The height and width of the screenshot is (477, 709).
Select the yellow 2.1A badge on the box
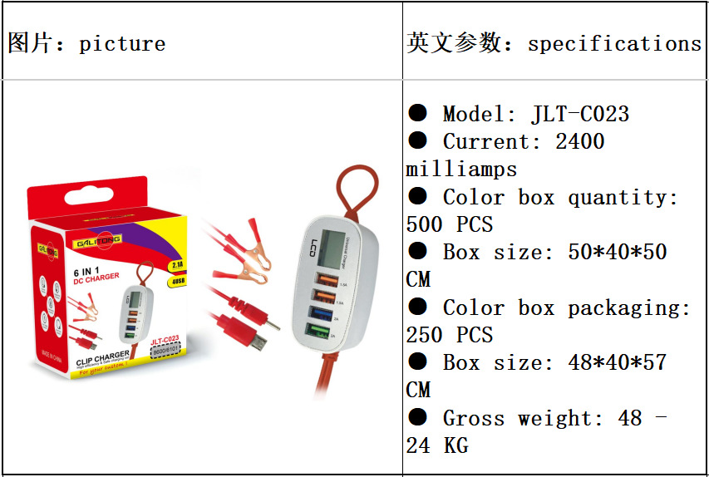(176, 266)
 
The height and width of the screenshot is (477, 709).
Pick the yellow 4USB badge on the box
(176, 280)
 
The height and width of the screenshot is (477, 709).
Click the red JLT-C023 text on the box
(165, 340)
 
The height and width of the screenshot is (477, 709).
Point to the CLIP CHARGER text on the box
(102, 357)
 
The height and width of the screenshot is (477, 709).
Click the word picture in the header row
(122, 43)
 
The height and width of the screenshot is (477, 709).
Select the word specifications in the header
(614, 43)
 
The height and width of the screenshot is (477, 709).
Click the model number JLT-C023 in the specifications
(579, 114)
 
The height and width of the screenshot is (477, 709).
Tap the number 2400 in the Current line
(579, 141)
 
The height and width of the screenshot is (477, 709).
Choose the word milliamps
(461, 169)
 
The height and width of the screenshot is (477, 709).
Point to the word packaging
(629, 307)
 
